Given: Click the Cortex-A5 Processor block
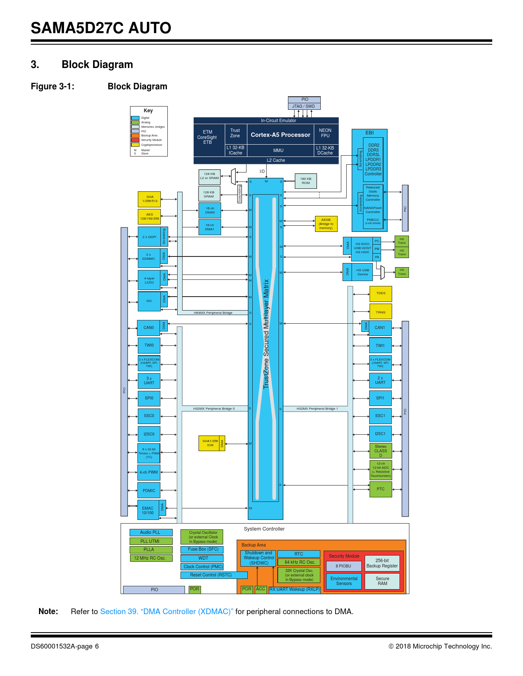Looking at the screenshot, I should click(281, 135).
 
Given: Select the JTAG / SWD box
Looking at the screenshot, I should click(304, 106).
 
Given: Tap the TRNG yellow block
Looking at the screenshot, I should click(381, 312).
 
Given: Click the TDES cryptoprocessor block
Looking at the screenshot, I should click(381, 293).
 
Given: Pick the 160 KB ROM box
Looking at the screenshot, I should click(306, 181).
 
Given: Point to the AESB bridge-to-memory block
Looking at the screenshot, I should click(326, 224).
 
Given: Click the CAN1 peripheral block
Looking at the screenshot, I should click(380, 327).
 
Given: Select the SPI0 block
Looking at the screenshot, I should click(149, 398).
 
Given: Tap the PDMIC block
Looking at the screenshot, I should click(149, 490).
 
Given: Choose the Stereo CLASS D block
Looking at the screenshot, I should click(381, 451).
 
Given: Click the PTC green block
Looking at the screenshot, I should click(381, 489).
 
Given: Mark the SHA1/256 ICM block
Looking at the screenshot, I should click(210, 443).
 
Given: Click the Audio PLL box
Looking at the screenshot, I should click(151, 532).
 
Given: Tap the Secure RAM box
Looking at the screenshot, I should click(382, 581).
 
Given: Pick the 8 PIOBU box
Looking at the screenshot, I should click(343, 566).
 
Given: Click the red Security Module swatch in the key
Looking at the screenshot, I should click(135, 140).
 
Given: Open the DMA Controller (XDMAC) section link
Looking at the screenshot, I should click(167, 611).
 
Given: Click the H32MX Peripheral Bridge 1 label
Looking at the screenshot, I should click(317, 408).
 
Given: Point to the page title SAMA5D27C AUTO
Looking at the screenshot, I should click(101, 28).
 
